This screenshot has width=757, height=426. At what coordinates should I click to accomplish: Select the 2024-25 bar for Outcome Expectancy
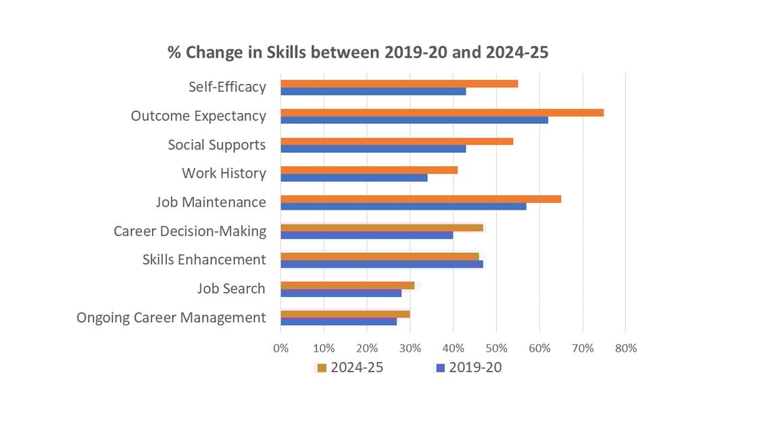coord(442,112)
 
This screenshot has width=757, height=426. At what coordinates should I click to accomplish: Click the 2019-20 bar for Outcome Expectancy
coord(414,120)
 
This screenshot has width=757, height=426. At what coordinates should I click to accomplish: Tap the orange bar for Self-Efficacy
coord(399,83)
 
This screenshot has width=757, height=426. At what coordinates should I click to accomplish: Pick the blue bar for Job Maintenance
coord(403,206)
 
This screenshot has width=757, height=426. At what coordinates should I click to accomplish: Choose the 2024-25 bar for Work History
coord(369,170)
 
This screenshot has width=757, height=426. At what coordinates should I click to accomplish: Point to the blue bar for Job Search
coord(341,292)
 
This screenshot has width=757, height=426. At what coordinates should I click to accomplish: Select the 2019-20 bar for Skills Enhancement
coord(382,264)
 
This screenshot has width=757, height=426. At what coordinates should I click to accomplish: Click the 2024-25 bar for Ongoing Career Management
coord(345,314)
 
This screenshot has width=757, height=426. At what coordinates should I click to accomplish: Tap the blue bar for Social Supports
coord(373,148)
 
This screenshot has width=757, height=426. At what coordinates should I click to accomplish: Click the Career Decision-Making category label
coord(189,231)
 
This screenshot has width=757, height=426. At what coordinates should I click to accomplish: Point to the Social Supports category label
coord(216,145)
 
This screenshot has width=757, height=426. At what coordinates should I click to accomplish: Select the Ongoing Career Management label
coord(171,317)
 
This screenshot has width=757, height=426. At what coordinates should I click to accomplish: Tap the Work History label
coord(224,173)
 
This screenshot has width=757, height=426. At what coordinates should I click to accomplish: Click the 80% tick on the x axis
coord(626,348)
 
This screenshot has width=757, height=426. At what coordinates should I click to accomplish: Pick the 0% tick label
coord(280,348)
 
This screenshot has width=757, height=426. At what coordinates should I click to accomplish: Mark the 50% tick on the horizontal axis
coord(496,348)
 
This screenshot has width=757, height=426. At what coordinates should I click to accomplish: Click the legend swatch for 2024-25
coord(322,368)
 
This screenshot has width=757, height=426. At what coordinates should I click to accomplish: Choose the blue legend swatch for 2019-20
coord(440,368)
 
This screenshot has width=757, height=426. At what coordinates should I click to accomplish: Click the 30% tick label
coord(410,348)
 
